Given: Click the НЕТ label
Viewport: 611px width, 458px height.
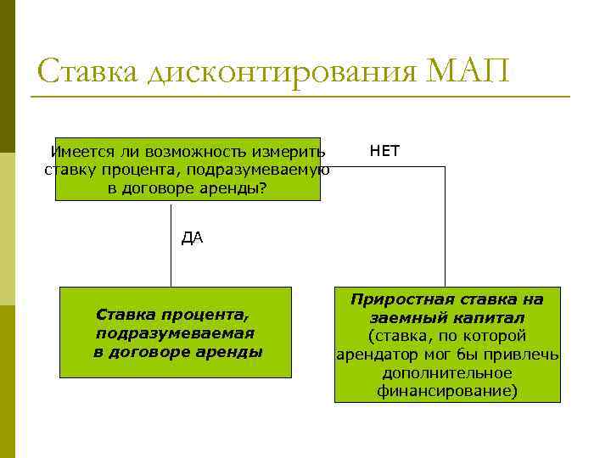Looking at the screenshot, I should (x=384, y=152).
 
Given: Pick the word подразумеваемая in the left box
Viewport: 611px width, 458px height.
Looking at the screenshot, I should (x=175, y=333).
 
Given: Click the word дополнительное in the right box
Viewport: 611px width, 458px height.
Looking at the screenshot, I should (x=447, y=373).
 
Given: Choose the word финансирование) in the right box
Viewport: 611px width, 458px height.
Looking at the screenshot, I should (x=447, y=391).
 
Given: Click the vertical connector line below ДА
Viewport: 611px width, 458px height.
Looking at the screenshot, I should (x=171, y=263).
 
